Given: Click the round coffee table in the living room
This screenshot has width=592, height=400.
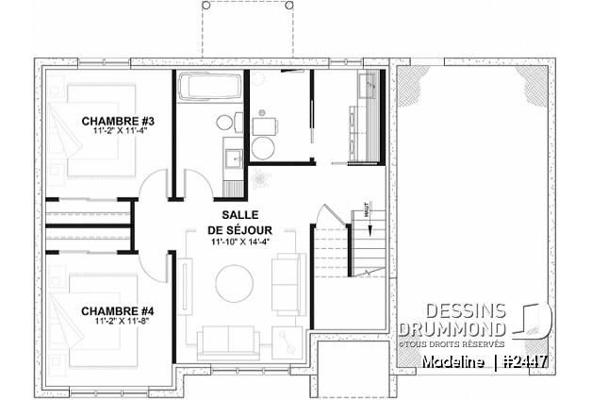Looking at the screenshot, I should (234, 282).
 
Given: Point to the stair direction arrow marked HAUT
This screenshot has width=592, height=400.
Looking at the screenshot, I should (370, 226).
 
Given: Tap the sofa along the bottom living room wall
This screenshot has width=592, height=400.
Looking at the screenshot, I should (227, 337).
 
